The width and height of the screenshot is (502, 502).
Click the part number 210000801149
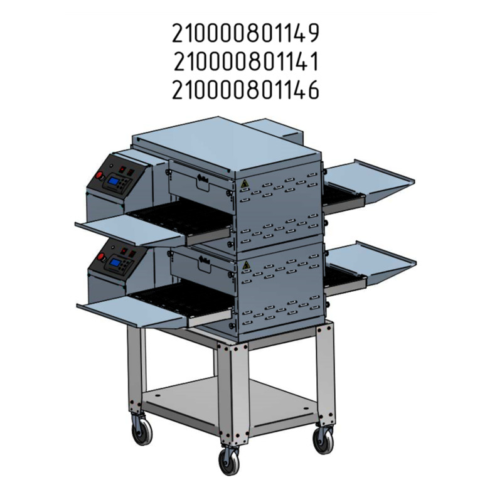(245, 33)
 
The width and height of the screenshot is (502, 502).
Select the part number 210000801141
(246, 61)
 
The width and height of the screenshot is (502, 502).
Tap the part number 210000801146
(245, 90)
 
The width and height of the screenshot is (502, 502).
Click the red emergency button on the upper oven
(99, 176)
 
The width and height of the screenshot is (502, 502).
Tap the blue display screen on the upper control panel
(113, 181)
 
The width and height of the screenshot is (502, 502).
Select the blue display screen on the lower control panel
(115, 263)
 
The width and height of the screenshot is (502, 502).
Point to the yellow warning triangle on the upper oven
(245, 184)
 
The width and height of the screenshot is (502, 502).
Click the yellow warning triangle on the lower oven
(246, 265)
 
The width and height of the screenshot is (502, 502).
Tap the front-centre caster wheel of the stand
(229, 461)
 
